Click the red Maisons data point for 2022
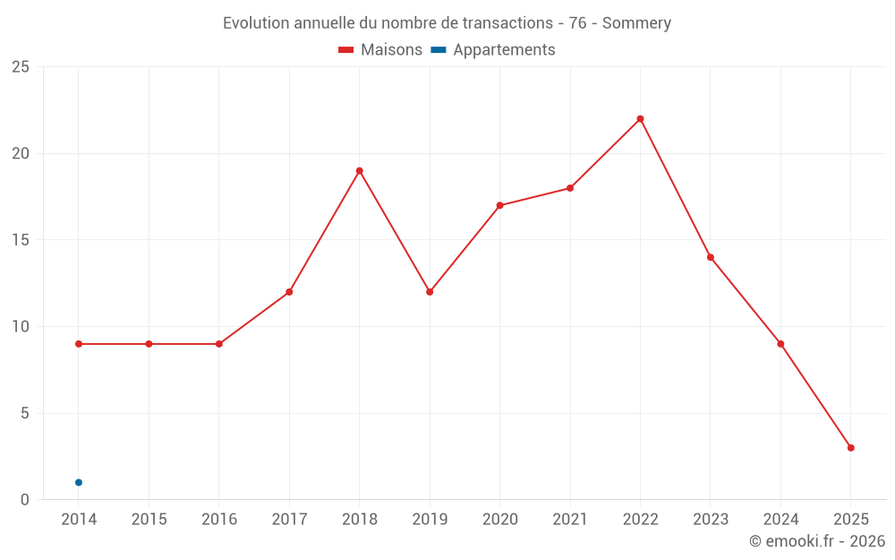pos(640,119)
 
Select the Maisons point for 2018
pos(359,171)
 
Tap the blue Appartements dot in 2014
pos(79,483)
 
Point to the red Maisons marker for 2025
pos(850,448)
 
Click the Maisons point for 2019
pos(430,292)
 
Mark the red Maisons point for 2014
pos(79,344)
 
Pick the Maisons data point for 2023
pos(711,257)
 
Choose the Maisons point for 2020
pos(499,205)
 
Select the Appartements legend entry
pos(504,50)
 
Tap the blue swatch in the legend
pos(439,50)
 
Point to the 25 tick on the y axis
pos(20,67)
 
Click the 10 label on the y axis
pos(20,327)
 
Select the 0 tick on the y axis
pos(24,500)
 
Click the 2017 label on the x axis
pos(289,520)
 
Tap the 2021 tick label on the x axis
pos(570,520)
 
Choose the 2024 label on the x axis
pos(780,520)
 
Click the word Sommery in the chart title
pos(636,23)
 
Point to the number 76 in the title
pos(577,23)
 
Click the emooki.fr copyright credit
pos(817,541)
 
